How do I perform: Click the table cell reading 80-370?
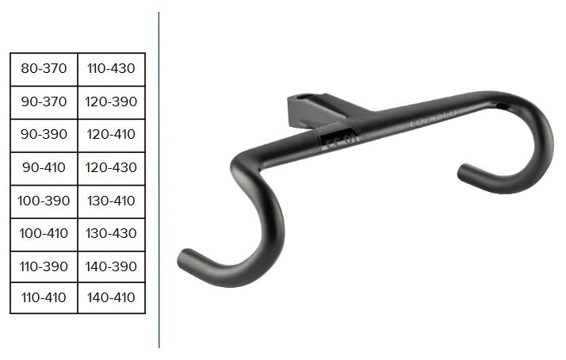[44, 69]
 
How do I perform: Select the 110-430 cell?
[111, 69]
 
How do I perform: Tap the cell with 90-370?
[44, 102]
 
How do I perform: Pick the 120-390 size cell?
[111, 102]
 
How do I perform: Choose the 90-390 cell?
[44, 136]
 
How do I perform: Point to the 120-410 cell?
[111, 136]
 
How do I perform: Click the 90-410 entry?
[44, 169]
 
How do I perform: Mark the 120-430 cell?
[111, 169]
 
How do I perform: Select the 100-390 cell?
[44, 201]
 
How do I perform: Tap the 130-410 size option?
[111, 201]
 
